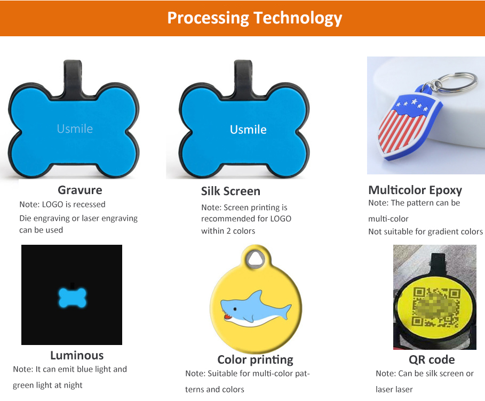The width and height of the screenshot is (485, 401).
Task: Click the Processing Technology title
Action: click(x=255, y=18)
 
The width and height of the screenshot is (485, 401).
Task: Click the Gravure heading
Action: click(x=79, y=190)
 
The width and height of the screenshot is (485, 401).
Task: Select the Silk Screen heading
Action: click(x=230, y=191)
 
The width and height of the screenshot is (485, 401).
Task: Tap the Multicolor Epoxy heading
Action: click(x=415, y=190)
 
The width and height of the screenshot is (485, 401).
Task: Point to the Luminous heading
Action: click(x=77, y=355)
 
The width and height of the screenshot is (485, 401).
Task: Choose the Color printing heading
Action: click(x=255, y=359)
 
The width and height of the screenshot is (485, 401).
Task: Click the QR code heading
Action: click(x=432, y=359)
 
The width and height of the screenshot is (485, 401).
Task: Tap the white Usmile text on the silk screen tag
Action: click(x=248, y=130)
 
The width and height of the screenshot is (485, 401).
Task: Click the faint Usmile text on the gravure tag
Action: click(x=75, y=129)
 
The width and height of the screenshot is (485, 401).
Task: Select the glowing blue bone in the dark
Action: click(x=71, y=298)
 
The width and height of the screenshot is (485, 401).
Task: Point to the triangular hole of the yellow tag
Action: click(x=256, y=259)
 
